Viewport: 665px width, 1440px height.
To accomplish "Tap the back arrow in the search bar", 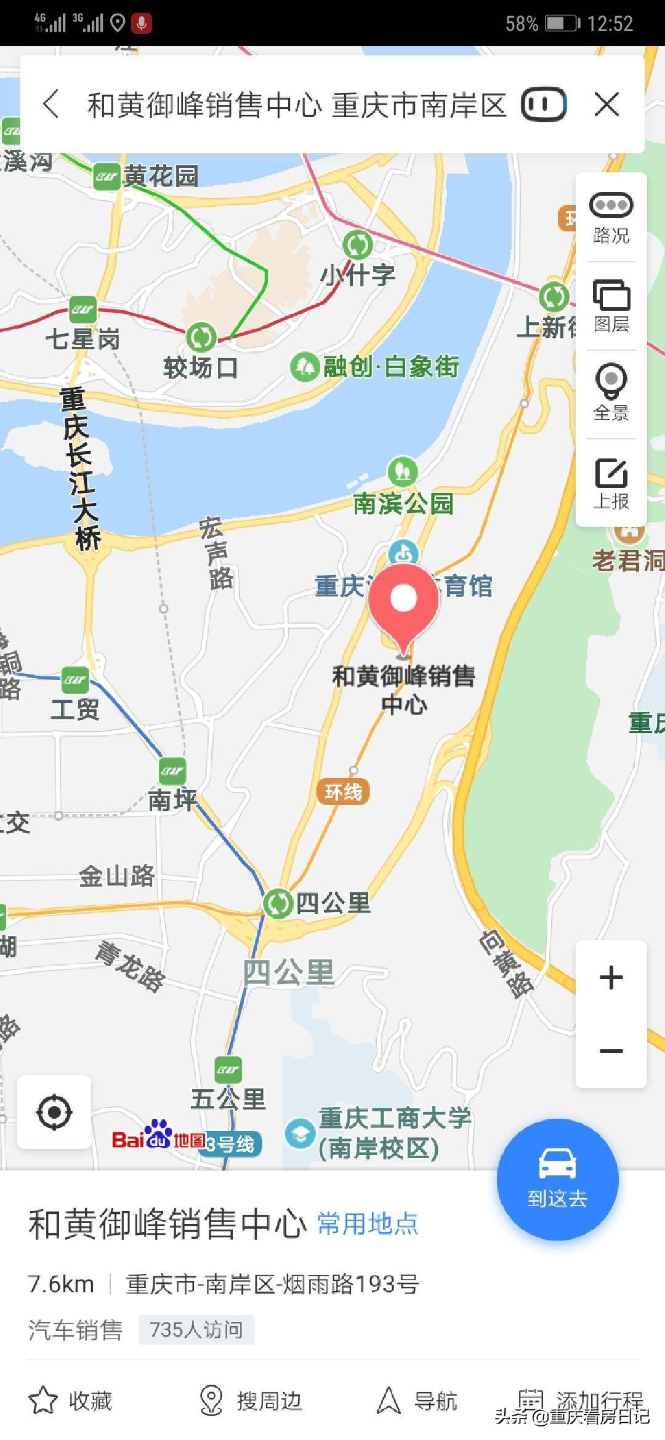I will (52, 104).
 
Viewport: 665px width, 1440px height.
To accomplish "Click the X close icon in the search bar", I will (607, 105).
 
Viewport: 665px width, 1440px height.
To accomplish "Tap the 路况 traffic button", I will (611, 217).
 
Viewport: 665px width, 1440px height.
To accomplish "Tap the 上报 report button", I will (611, 484).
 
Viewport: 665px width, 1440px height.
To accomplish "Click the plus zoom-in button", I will (611, 978).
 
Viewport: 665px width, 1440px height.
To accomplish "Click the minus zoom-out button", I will (611, 1050).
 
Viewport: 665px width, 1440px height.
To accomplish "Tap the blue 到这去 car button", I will (557, 1179).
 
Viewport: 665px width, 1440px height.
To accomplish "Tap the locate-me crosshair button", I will (54, 1111).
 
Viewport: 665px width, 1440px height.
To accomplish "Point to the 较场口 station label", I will (201, 368).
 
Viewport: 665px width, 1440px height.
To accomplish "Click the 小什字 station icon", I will (358, 246).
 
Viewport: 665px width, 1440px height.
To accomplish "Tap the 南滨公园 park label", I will (403, 503).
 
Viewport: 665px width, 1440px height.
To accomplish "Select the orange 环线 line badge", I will (343, 791).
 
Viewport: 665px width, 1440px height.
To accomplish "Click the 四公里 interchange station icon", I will (278, 903).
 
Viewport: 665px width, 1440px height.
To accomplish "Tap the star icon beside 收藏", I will (43, 1400).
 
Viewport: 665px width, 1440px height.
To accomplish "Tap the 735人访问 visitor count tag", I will (196, 1330).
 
